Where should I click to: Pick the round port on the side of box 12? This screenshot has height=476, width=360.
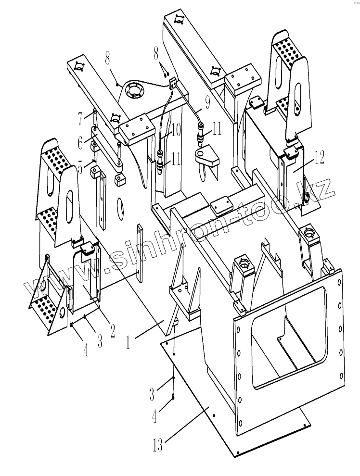306,197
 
